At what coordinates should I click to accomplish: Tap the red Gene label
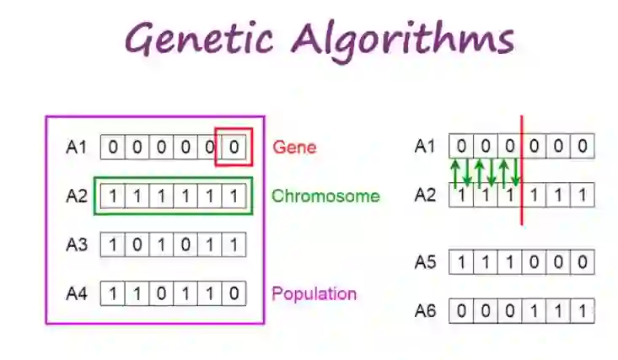[x=294, y=148]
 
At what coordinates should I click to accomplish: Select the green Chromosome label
[x=325, y=196]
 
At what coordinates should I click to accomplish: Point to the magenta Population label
[x=314, y=293]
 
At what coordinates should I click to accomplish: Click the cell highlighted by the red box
[x=234, y=148]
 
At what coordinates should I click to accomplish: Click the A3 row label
[x=77, y=245]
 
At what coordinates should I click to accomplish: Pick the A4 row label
[x=77, y=294]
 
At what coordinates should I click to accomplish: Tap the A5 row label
[x=426, y=262]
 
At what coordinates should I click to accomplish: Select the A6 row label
[x=426, y=310]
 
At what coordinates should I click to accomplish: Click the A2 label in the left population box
[x=77, y=196]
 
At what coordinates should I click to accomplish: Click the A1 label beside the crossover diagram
[x=426, y=147]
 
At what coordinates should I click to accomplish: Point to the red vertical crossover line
[x=522, y=169]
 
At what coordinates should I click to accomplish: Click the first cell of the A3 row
[x=113, y=245]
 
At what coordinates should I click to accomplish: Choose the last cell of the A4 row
[x=234, y=294]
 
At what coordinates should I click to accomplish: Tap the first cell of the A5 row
[x=461, y=262]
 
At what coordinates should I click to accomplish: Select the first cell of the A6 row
[x=461, y=310]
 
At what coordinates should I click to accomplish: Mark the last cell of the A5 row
[x=583, y=262]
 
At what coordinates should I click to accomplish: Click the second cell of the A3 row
[x=137, y=245]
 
